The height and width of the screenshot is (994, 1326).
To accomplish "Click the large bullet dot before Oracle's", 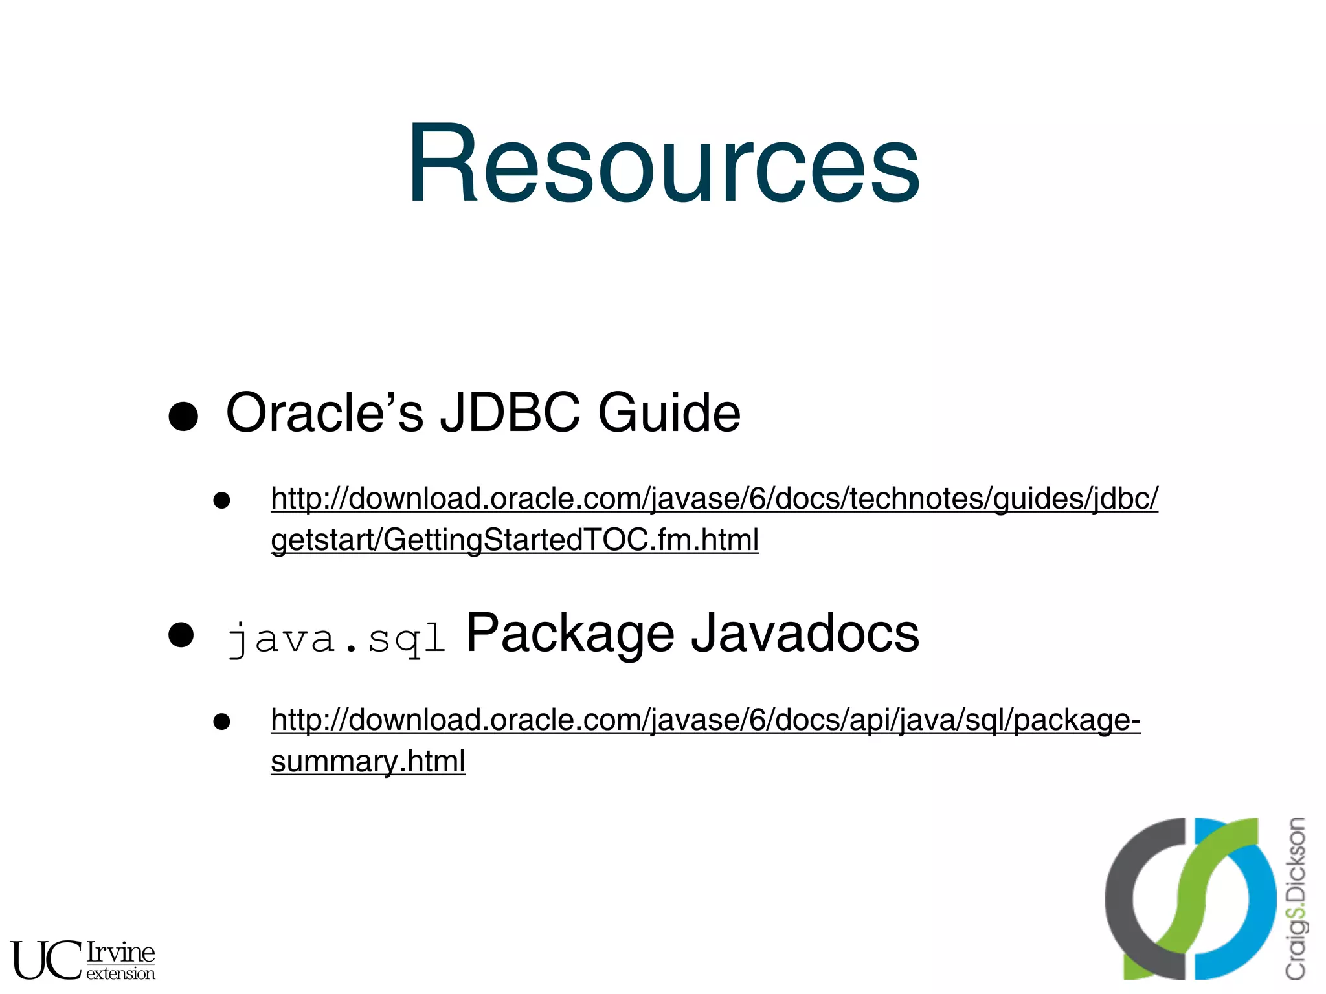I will pos(183,415).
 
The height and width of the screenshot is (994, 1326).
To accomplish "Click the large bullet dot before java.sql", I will pos(181,635).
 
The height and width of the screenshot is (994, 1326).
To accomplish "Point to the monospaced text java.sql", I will pos(337,639).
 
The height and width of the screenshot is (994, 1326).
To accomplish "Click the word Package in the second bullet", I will pos(570,634).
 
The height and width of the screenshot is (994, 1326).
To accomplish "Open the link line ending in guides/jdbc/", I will pos(714,499).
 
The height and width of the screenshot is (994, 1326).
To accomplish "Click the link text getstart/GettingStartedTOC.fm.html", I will pos(515,540).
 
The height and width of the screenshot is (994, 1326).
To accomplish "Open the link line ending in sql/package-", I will pos(706,720).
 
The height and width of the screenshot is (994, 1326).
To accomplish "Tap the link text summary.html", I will pos(368,762).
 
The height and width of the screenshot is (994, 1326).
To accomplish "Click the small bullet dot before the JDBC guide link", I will pos(222,500).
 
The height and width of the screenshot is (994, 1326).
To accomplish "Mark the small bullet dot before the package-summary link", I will pos(222,722).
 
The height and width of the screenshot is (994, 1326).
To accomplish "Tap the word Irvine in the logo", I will pos(121,952).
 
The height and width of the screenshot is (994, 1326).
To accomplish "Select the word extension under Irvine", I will pos(121,973).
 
